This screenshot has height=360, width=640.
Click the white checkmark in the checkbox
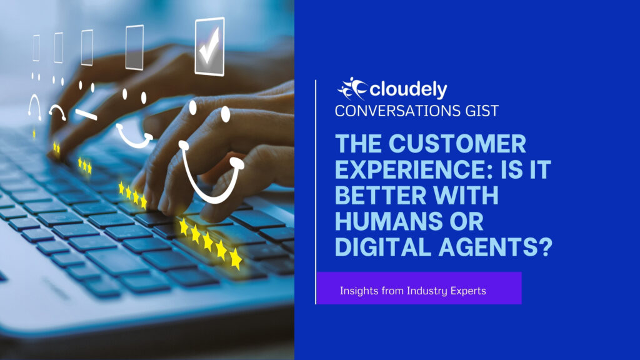[209, 46]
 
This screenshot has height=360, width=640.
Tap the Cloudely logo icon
[352, 89]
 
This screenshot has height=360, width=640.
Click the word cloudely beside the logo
[408, 89]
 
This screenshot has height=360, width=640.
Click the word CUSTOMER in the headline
[457, 144]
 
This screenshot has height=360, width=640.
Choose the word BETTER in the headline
[381, 195]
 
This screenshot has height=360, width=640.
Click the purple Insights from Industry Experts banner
[419, 288]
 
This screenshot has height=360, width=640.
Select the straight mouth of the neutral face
[86, 115]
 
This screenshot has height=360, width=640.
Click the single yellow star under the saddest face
[34, 134]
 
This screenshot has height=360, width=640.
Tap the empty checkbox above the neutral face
[87, 47]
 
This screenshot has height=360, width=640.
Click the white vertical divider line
[316, 192]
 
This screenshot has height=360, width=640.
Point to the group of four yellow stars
[132, 195]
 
